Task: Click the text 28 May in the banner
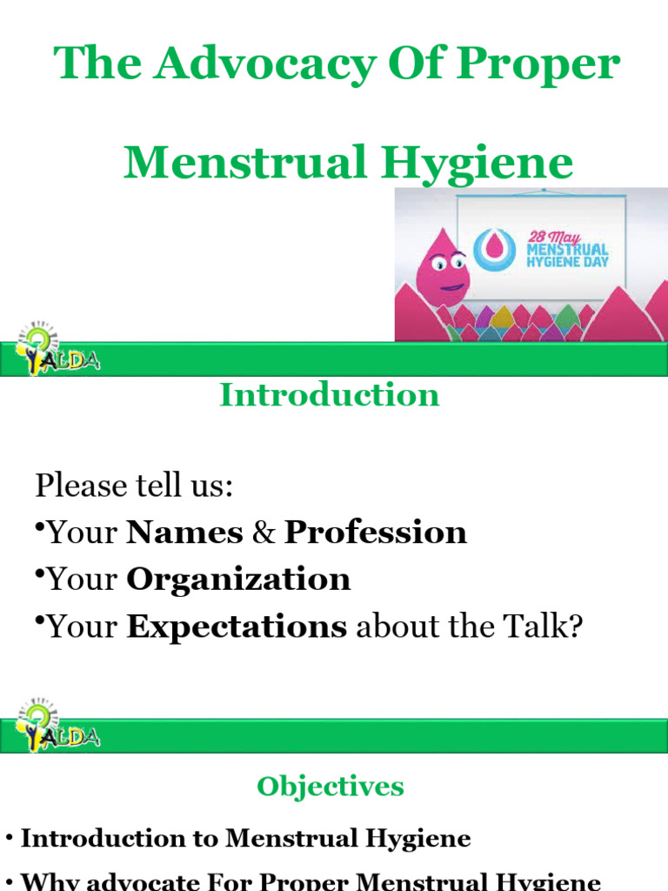point(558,230)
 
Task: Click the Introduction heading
point(330,395)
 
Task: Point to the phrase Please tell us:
point(134,486)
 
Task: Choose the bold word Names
point(184,533)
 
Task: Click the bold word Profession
point(376,533)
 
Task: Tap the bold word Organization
point(238,579)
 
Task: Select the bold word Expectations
point(237,626)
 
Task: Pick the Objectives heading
point(330,787)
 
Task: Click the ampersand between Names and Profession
point(264,533)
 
